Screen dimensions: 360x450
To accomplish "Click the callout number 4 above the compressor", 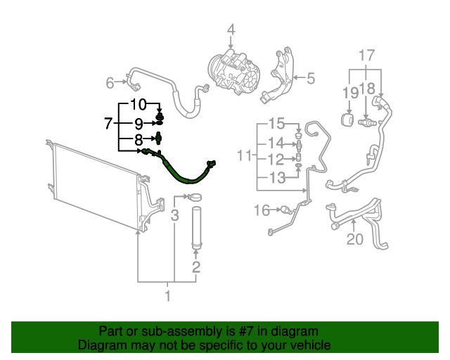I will tap(231, 30).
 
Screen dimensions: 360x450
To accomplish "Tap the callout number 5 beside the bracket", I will tap(310, 78).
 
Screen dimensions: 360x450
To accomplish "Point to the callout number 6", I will tap(110, 84).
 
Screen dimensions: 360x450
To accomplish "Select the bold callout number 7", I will tap(108, 124).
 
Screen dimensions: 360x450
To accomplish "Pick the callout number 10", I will tap(139, 105).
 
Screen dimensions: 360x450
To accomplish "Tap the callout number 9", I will tap(139, 123).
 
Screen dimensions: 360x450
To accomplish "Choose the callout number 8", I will tap(139, 140).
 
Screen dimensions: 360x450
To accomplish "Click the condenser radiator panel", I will tap(91, 186).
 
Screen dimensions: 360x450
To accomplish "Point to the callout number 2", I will tap(196, 266).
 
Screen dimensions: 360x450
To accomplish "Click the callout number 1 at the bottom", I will tap(167, 295).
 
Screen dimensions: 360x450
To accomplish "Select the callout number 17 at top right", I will tap(367, 56).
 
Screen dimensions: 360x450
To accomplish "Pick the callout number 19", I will tap(350, 92).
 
